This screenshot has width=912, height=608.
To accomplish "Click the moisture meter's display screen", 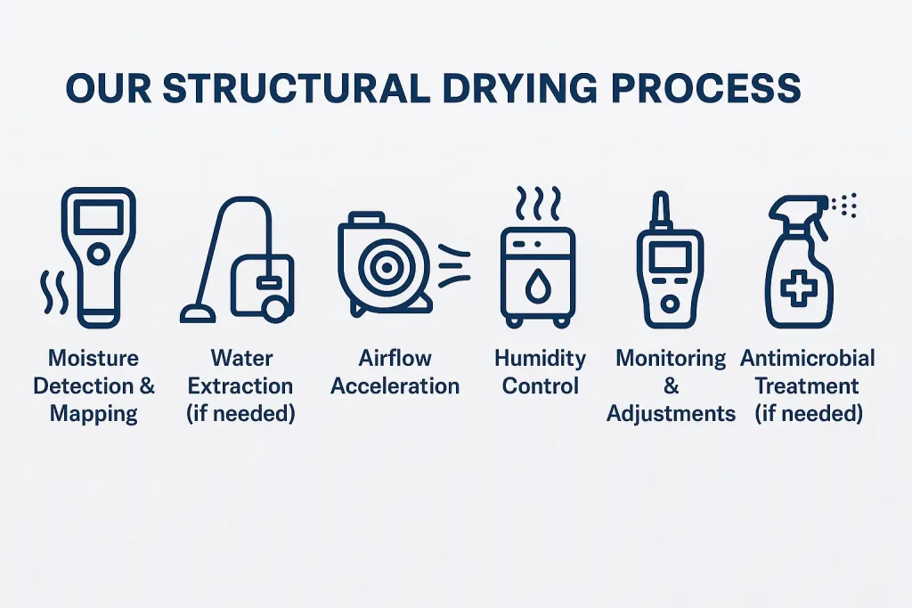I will tap(97, 216).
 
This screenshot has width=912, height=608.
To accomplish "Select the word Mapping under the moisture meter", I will tap(94, 413).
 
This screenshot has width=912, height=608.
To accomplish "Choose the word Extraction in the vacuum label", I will tap(240, 386).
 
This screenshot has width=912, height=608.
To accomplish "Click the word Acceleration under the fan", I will tap(395, 386).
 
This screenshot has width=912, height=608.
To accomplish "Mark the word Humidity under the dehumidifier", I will tap(540, 359).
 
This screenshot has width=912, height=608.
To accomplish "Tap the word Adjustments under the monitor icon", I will tap(672, 414).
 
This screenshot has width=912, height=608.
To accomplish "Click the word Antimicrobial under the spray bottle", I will tap(808, 359).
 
